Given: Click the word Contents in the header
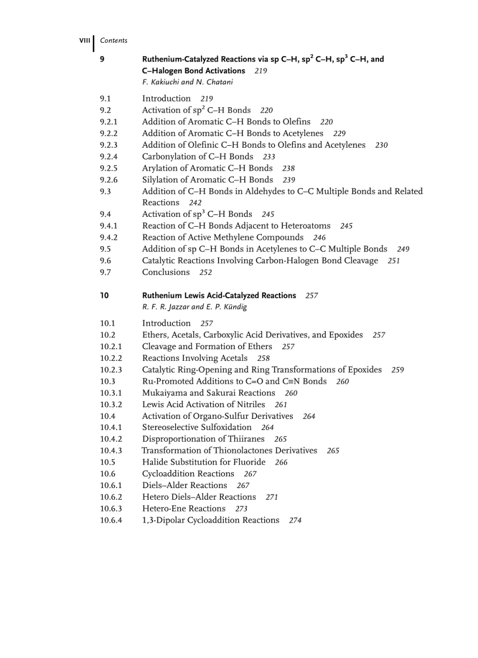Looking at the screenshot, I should coord(114,40).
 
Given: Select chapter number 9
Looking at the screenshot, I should coord(103,59).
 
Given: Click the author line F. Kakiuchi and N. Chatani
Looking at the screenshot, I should coord(187,82).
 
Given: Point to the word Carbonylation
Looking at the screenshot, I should coord(169,156).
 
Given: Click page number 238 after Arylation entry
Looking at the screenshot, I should coord(288,168).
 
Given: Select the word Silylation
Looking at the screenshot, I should coord(161,180).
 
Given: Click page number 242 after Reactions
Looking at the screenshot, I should coord(196,203).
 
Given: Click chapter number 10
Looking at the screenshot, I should coord(104,295).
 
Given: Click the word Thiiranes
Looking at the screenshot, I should coord(246,439).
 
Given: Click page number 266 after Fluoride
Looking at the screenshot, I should coord(281,462).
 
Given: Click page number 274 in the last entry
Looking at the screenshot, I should coord(295,520).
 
